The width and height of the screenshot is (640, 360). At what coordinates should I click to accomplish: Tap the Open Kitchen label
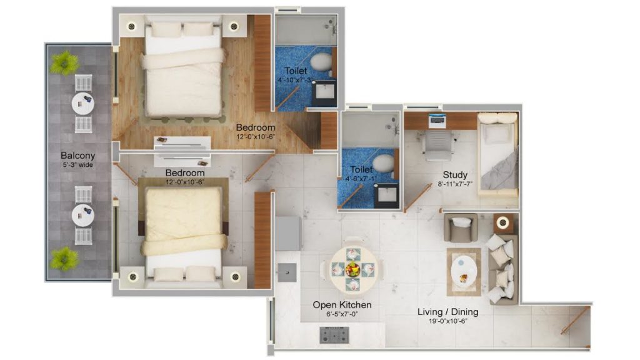tap(342, 305)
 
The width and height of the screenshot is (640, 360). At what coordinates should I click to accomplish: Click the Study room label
tap(455, 175)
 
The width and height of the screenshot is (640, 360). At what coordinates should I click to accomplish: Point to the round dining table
tap(353, 269)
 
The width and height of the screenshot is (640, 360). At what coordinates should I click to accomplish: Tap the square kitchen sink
tap(286, 270)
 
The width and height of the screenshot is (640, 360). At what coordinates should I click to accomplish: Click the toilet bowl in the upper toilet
tap(322, 62)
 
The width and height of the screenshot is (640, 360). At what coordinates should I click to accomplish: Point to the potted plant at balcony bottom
tap(64, 256)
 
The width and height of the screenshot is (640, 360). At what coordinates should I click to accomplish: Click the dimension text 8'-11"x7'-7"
tap(455, 184)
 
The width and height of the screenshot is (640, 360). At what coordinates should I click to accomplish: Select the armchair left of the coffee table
tap(461, 227)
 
